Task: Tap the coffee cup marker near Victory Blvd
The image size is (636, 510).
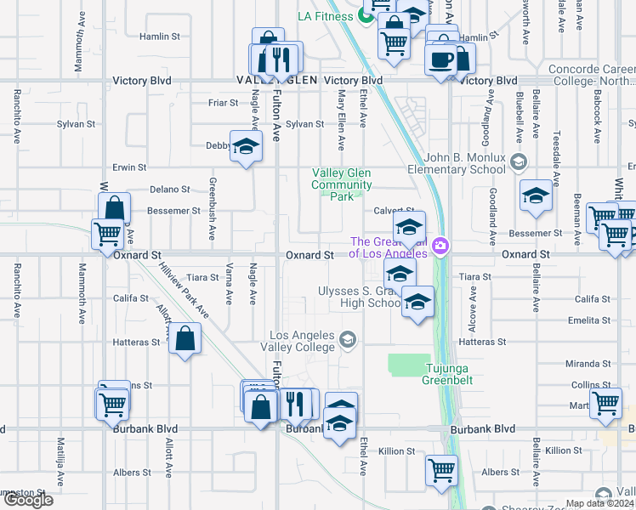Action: (440, 59)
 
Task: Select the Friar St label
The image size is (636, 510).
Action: (223, 103)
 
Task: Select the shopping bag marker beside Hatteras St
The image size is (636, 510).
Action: (185, 339)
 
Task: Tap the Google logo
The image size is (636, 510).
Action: (28, 501)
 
